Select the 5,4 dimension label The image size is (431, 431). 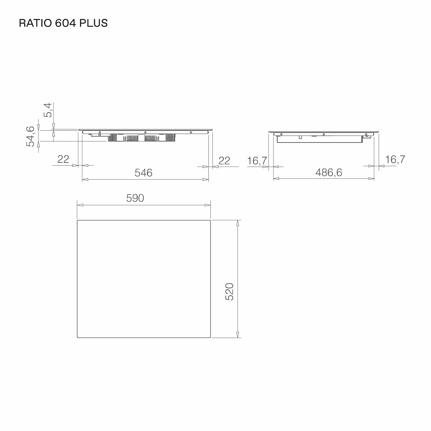coord(48,110)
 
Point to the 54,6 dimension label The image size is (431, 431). coord(31,136)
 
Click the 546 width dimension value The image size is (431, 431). coord(143,173)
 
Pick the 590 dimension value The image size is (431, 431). coord(135,198)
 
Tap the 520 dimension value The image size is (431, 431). coord(229,292)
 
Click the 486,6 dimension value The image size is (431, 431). coord(329,172)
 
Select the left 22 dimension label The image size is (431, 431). coord(63,159)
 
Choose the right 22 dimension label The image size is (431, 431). coord(224,161)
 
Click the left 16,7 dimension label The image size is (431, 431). coord(257,161)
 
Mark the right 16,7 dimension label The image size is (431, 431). coord(395,159)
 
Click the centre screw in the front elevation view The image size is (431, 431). coord(145,132)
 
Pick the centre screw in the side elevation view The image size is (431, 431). coord(323,134)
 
